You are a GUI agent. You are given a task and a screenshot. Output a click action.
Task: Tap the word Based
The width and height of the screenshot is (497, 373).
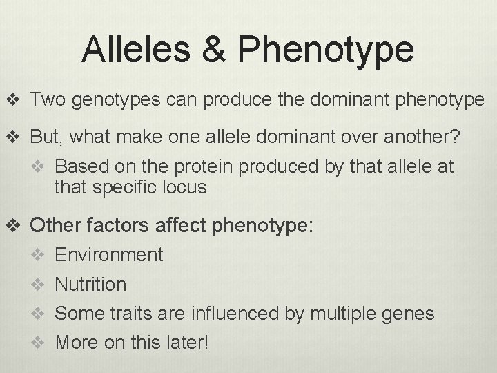coord(77,167)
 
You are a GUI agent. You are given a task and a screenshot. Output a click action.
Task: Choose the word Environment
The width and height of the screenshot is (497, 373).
coord(109,255)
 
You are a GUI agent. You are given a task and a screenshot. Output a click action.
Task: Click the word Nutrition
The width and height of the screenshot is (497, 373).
coord(90,285)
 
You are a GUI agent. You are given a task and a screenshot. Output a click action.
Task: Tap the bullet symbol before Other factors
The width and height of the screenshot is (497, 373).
coord(16,224)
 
